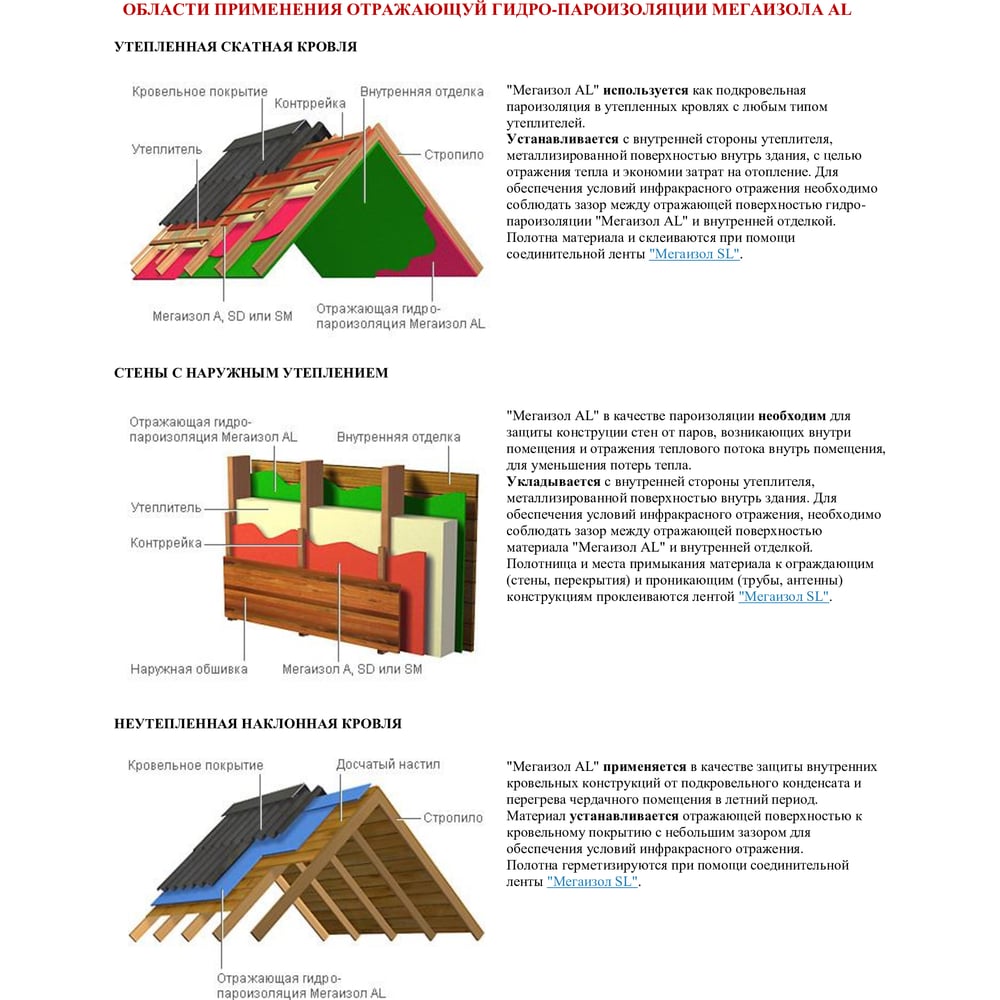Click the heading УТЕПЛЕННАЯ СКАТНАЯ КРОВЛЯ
[235, 47]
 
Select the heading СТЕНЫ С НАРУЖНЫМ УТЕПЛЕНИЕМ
[251, 373]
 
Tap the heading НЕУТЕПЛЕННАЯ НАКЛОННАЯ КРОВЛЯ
[258, 723]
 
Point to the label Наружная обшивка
[189, 669]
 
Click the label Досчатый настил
[387, 764]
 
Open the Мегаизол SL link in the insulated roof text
[695, 254]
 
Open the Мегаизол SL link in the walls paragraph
[784, 596]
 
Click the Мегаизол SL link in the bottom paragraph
[593, 881]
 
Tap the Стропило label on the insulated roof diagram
[453, 155]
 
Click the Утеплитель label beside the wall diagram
[166, 508]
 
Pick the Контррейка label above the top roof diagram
[310, 103]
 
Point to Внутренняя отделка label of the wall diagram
[399, 437]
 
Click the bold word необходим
[792, 415]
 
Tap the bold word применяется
[645, 767]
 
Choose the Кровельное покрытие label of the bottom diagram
[196, 766]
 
